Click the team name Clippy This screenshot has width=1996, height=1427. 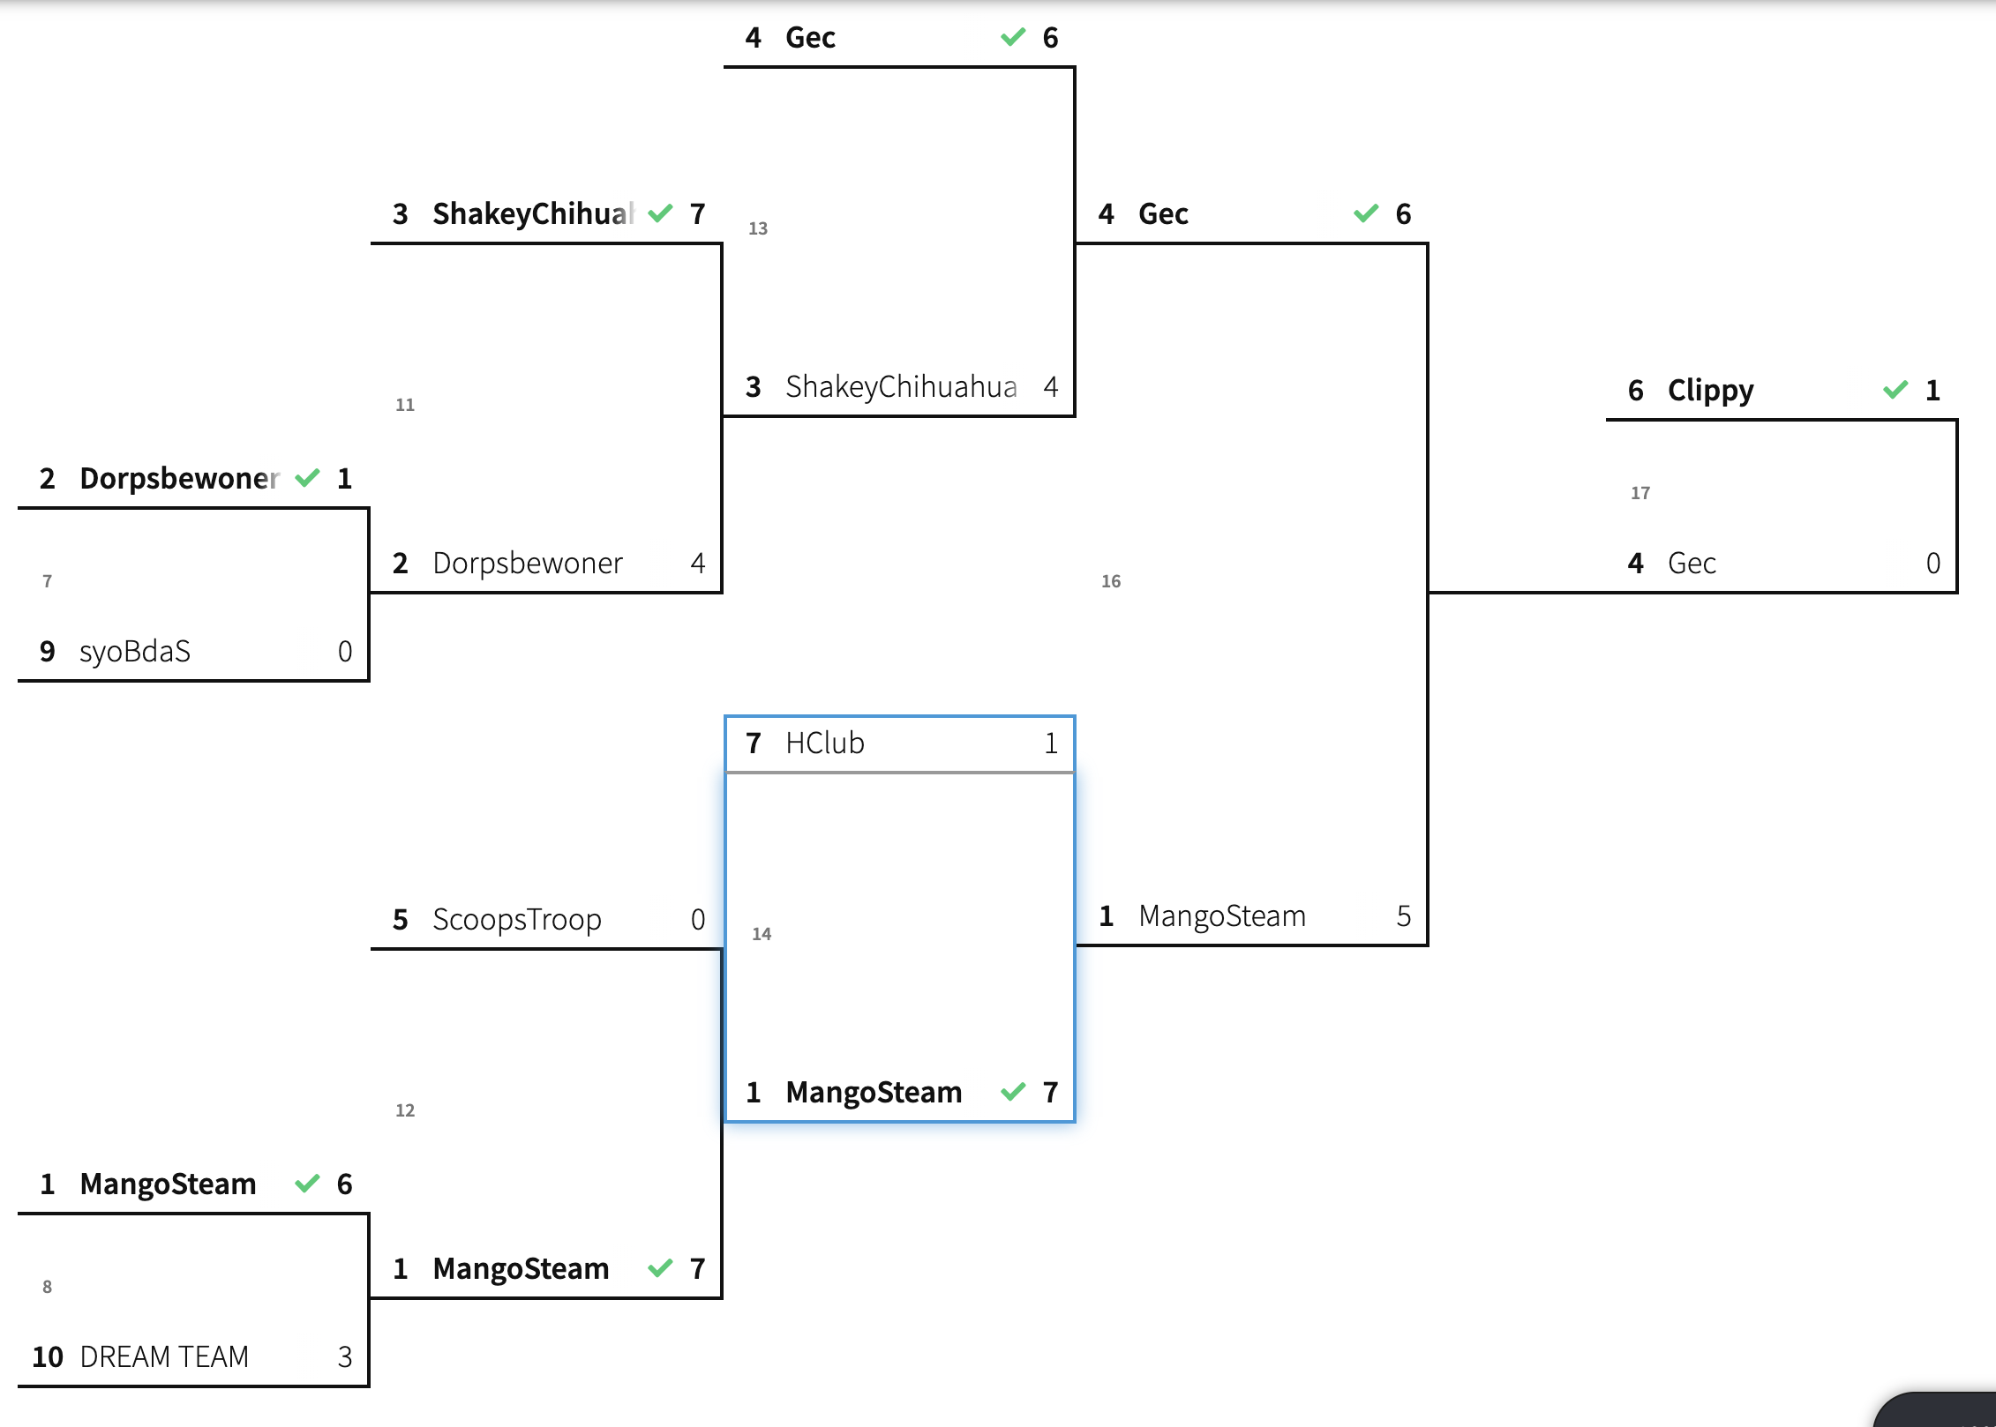click(x=1710, y=391)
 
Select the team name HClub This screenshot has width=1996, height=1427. click(x=824, y=743)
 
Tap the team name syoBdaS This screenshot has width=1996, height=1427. click(x=135, y=652)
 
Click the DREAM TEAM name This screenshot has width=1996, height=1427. click(x=164, y=1356)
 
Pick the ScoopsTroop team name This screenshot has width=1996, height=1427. click(x=517, y=920)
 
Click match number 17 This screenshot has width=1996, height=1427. click(x=1640, y=493)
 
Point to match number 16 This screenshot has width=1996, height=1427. click(x=1110, y=581)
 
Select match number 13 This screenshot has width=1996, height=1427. click(x=757, y=228)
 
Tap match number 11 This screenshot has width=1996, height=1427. click(x=404, y=405)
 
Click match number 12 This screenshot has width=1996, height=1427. click(x=404, y=1110)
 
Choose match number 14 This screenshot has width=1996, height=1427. click(x=761, y=934)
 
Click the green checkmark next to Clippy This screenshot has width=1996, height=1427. click(x=1895, y=390)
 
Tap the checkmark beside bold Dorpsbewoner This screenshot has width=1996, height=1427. click(x=307, y=478)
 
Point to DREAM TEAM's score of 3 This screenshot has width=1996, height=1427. click(x=345, y=1356)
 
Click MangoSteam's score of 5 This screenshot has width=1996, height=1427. click(x=1403, y=916)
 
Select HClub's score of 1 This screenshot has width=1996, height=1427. click(x=1051, y=743)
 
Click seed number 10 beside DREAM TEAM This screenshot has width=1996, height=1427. click(x=48, y=1356)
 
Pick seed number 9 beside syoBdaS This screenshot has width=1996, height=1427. click(x=48, y=652)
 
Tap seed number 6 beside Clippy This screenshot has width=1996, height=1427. click(x=1636, y=391)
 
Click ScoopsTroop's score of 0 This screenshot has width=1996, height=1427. click(x=698, y=920)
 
